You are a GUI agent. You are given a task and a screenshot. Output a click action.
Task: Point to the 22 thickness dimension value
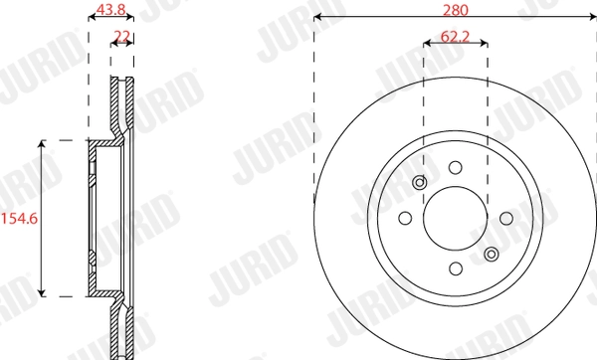[122, 37]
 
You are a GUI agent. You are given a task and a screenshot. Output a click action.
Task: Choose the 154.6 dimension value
[18, 217]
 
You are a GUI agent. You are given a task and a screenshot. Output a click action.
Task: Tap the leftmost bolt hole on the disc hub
[405, 218]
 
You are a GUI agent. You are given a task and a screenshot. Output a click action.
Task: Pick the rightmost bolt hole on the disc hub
[505, 218]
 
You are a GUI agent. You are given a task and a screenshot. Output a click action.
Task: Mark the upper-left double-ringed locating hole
[419, 183]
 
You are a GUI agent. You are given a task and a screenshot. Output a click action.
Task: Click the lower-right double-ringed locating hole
[490, 254]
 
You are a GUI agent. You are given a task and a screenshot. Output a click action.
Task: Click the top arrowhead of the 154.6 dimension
[42, 144]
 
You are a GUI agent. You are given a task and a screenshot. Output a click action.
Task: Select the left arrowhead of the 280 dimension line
[317, 17]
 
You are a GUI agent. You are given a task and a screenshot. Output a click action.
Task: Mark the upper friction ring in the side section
[122, 99]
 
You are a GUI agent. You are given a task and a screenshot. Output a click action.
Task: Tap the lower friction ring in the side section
[122, 333]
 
